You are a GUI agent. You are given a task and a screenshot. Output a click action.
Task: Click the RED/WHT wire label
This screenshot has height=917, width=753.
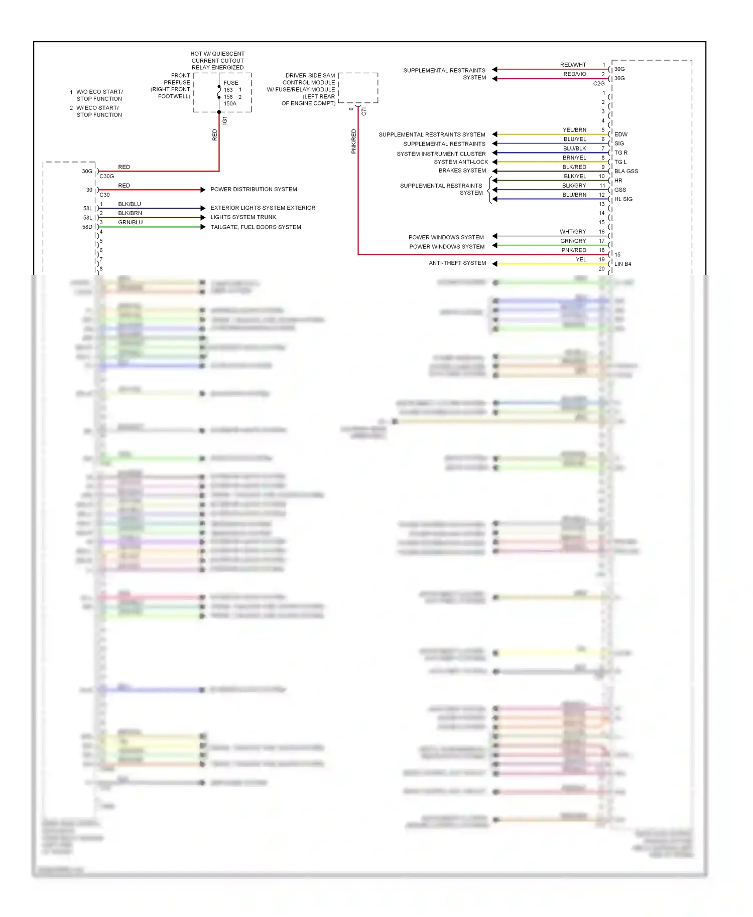(x=573, y=65)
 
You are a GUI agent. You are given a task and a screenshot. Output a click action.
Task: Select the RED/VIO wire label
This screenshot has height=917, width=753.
(x=574, y=74)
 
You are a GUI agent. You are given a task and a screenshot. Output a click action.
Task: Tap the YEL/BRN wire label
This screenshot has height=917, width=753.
(x=574, y=130)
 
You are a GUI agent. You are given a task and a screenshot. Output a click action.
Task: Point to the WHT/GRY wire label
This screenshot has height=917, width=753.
(x=573, y=232)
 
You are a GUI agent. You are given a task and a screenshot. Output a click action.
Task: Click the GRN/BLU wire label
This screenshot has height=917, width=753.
(x=130, y=223)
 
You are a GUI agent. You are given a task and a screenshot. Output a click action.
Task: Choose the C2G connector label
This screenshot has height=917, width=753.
(x=598, y=84)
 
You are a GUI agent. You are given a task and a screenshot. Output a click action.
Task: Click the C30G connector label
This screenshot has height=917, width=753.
(x=106, y=177)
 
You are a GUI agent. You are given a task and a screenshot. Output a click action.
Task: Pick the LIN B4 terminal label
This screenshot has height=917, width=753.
(x=622, y=264)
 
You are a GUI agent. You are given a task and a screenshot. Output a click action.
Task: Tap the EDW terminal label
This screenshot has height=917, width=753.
(x=620, y=134)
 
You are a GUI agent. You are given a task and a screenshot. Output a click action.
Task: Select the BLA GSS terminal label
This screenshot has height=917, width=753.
(x=626, y=172)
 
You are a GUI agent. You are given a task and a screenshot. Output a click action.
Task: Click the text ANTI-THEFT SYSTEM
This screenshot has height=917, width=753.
(x=457, y=263)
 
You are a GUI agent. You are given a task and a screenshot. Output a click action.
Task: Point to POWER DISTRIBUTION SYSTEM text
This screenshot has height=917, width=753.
(x=254, y=190)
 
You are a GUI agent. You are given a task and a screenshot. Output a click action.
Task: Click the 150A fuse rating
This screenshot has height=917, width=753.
(x=230, y=104)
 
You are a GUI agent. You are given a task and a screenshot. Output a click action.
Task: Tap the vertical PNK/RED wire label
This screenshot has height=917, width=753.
(x=354, y=141)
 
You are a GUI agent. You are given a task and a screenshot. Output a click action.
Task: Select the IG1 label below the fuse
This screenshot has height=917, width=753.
(x=225, y=120)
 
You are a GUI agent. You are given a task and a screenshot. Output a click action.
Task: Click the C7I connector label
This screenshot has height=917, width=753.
(x=364, y=112)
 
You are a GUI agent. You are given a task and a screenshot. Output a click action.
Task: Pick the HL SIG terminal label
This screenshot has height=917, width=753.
(x=623, y=199)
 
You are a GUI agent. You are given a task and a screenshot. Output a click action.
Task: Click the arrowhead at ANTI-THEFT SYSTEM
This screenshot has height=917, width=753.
(x=495, y=264)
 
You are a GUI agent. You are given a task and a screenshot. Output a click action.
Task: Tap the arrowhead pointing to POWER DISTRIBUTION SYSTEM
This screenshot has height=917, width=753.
(x=203, y=190)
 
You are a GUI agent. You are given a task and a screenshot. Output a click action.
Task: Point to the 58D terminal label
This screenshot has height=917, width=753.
(x=87, y=227)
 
